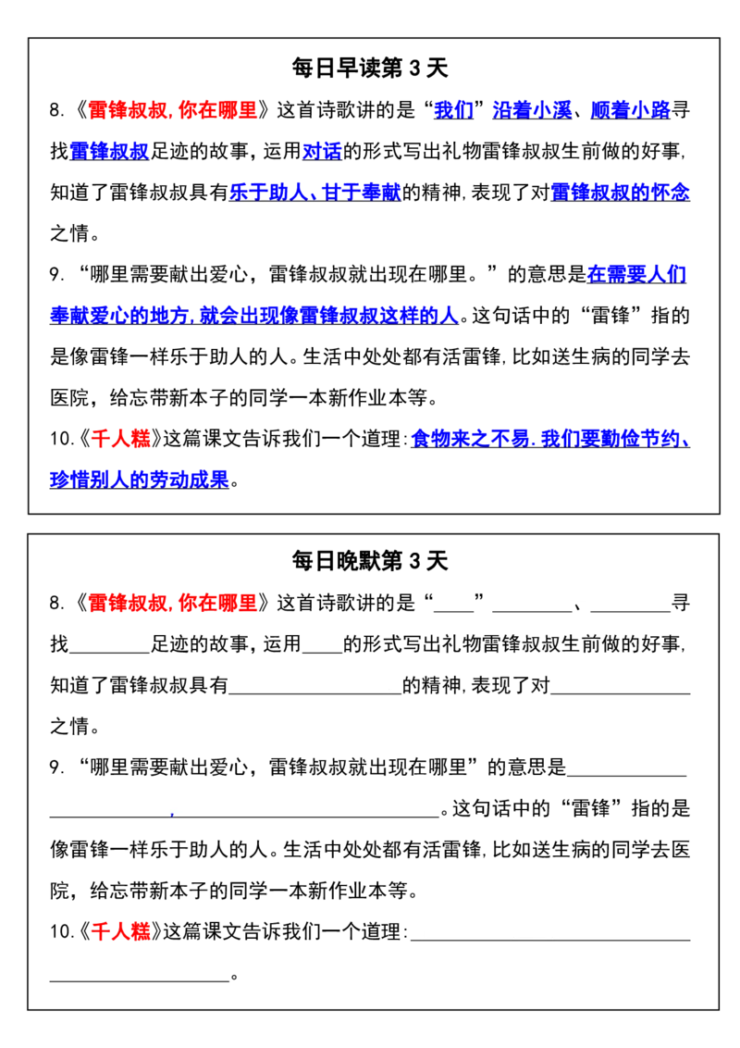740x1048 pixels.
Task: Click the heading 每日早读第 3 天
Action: pos(369,68)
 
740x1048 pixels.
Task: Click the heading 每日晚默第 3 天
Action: pos(369,561)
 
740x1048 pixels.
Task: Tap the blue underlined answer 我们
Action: pos(453,110)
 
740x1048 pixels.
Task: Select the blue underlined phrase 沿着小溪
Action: pos(532,110)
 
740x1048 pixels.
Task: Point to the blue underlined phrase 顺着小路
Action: pos(631,110)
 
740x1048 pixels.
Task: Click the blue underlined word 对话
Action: pos(322,152)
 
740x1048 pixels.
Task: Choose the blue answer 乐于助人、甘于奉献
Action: pos(315,193)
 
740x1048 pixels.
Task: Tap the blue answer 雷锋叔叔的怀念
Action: pos(621,193)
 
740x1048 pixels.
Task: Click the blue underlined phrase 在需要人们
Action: pos(636,275)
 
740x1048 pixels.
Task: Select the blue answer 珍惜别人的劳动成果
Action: pos(140,480)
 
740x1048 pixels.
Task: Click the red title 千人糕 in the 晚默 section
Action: pos(121,931)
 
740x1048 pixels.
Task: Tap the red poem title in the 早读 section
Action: pos(172,110)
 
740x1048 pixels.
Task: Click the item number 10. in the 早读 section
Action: pos(61,439)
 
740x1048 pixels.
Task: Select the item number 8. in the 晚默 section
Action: pos(57,604)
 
